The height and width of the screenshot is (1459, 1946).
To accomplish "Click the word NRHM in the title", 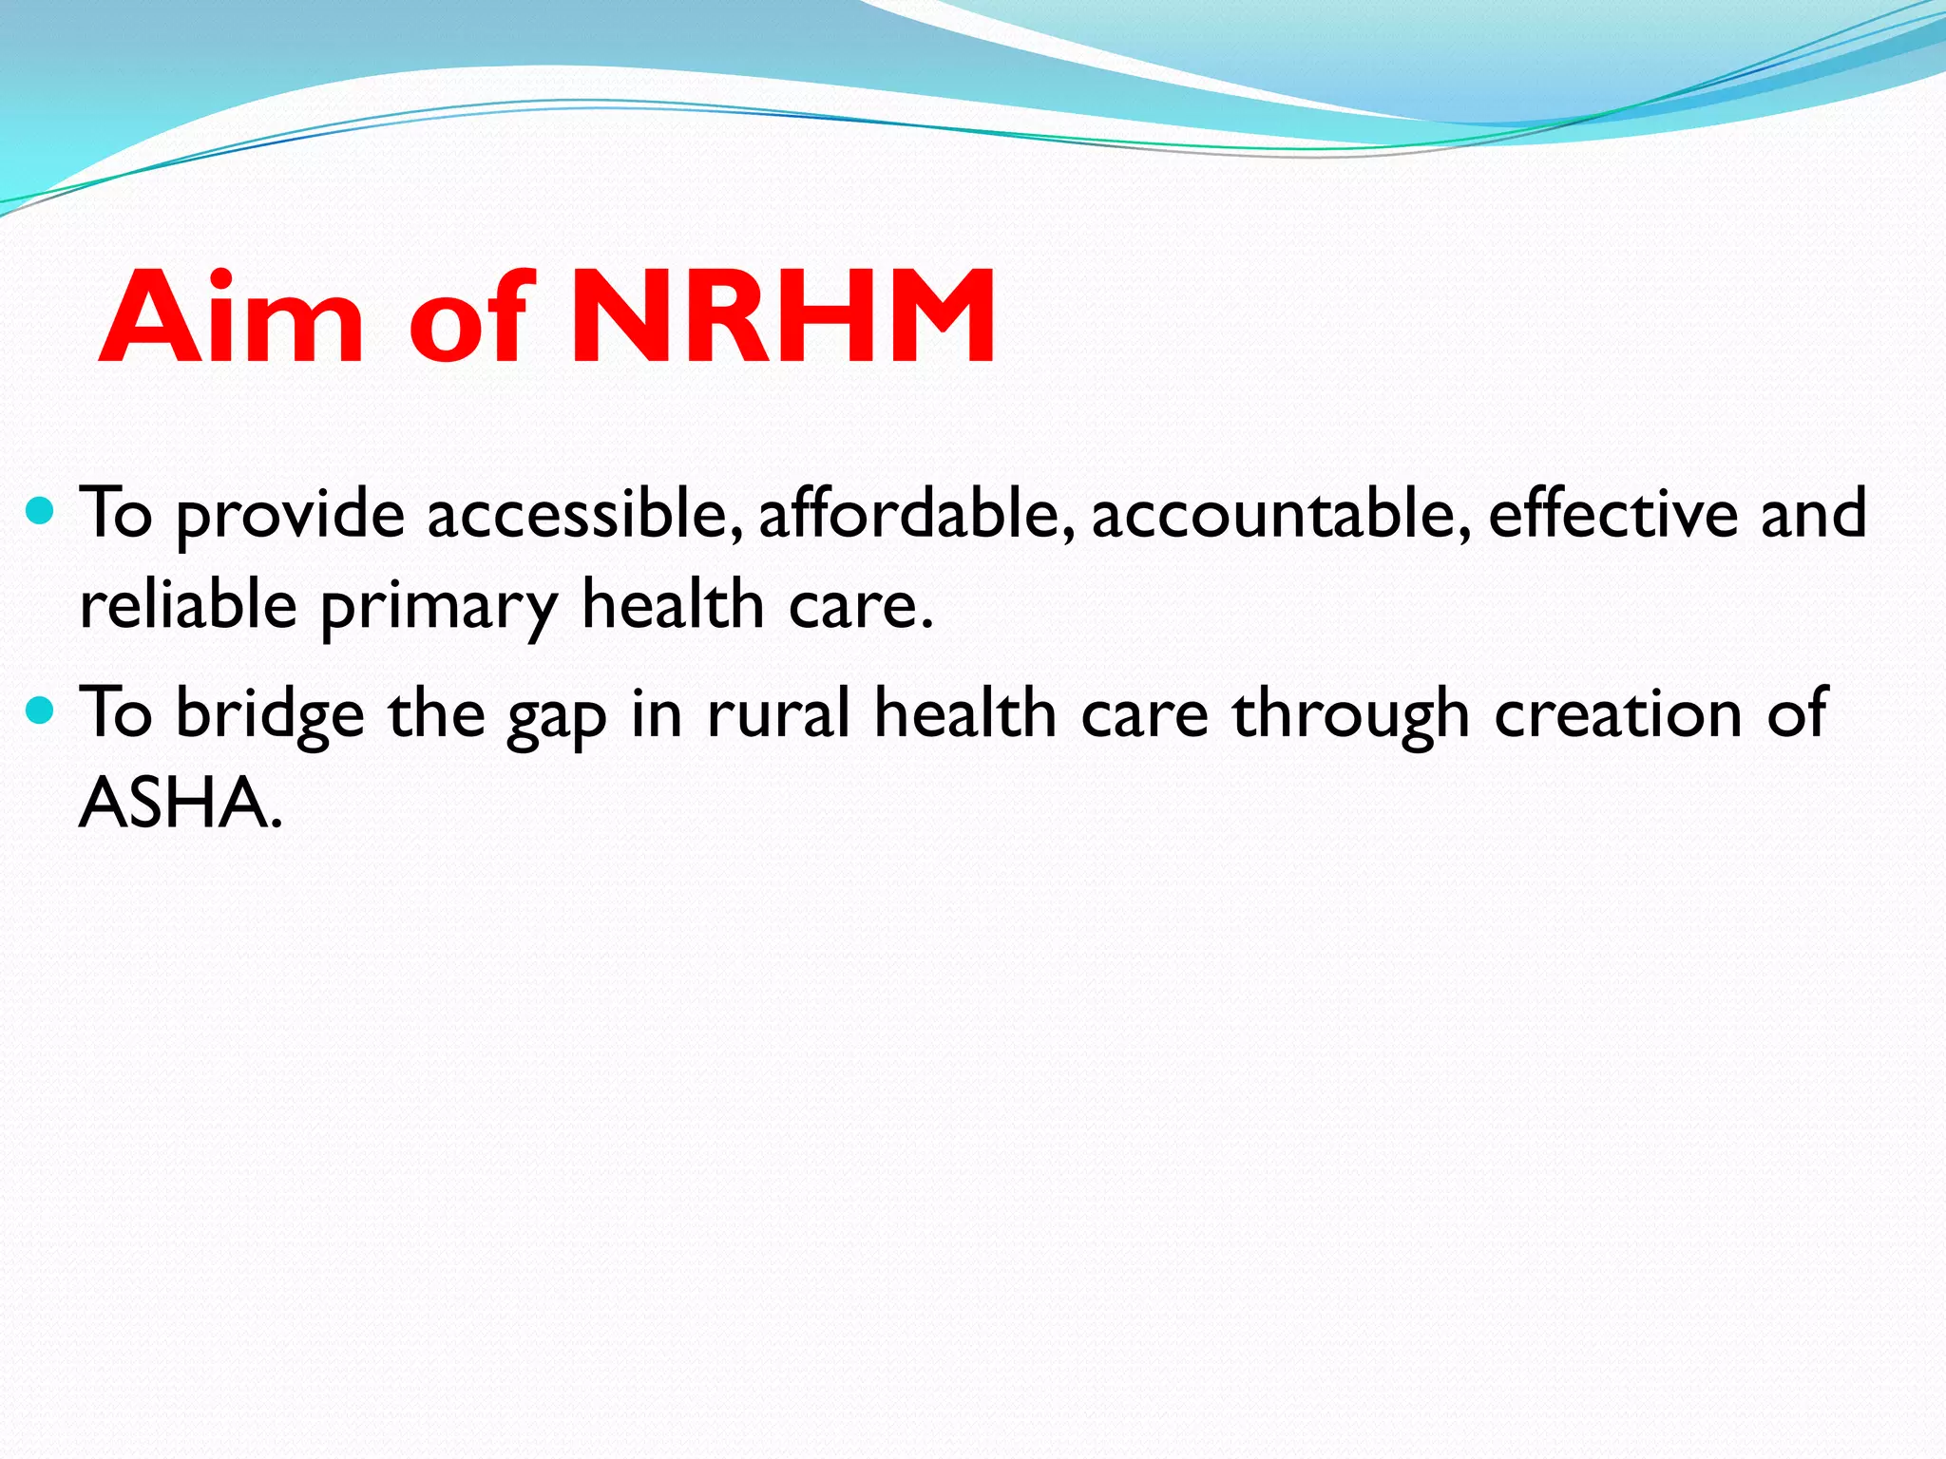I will pyautogui.click(x=783, y=317).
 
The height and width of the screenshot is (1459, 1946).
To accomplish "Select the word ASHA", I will pyautogui.click(x=181, y=804).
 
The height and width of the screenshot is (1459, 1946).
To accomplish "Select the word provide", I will pyautogui.click(x=291, y=518).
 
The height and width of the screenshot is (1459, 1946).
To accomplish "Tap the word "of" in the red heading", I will pyautogui.click(x=467, y=317).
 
